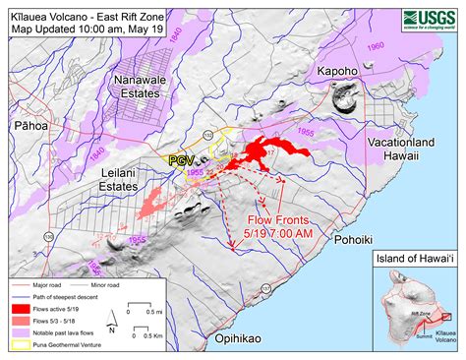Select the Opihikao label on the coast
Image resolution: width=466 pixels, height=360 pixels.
pos(241,339)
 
